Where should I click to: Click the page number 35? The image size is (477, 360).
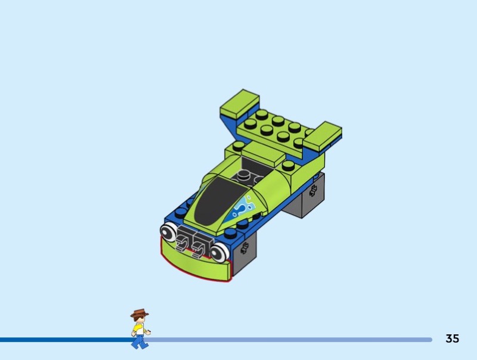(x=452, y=339)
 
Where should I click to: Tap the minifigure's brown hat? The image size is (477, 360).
(x=140, y=313)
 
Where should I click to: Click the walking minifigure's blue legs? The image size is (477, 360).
(x=140, y=342)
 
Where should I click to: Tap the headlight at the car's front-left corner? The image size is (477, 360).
(x=168, y=232)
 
